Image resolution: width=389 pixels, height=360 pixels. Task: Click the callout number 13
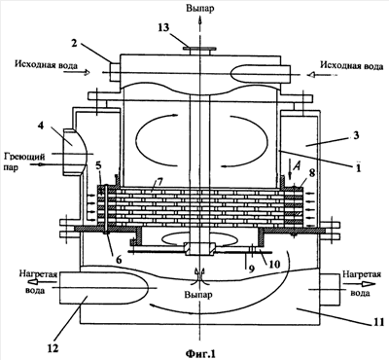tap(163, 27)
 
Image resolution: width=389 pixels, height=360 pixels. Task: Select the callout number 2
tap(74, 44)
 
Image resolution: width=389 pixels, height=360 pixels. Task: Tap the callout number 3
tap(356, 135)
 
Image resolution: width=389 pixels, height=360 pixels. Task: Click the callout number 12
tap(53, 348)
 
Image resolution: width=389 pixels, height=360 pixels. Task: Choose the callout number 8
tap(311, 172)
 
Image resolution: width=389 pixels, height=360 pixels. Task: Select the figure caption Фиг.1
tap(201, 352)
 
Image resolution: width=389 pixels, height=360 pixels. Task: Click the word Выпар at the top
tap(200, 8)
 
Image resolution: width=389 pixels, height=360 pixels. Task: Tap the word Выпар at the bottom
tap(198, 295)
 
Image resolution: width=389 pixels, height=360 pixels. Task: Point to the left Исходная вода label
tap(46, 65)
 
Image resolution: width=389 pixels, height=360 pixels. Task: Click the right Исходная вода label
tap(352, 65)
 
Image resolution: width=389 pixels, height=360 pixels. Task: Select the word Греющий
tap(24, 157)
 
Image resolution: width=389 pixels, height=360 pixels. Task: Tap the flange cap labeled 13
tap(199, 50)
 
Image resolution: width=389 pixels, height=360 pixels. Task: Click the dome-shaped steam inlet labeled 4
tap(74, 152)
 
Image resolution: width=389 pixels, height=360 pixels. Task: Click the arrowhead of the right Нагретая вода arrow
tap(368, 283)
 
